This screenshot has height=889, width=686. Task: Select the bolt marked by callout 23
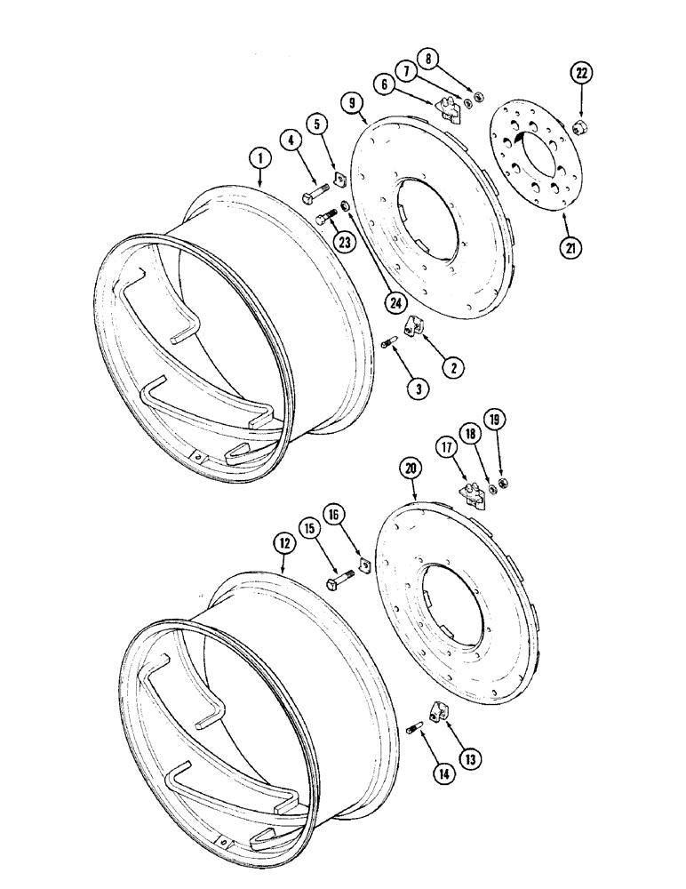(x=328, y=214)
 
